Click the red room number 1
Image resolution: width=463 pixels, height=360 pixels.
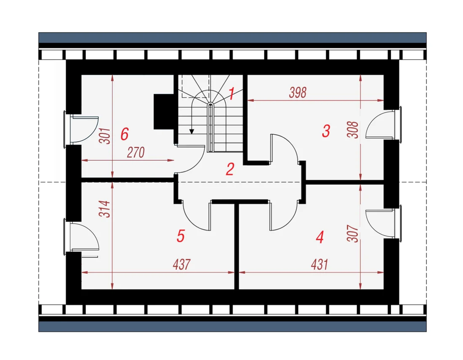point(232,93)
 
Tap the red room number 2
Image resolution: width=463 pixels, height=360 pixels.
point(230,169)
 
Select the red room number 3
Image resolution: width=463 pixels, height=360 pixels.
point(326,131)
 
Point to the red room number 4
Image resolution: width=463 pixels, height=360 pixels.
point(320,237)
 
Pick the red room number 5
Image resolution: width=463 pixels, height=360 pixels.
point(181,236)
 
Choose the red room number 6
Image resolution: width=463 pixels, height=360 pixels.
point(125,134)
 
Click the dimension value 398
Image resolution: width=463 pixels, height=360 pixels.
point(298,93)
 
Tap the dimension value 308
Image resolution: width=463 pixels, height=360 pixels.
point(353,130)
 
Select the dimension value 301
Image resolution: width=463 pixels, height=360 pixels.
point(105,136)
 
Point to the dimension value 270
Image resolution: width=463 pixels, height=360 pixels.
point(136,153)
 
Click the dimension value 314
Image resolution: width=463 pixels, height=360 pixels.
point(105,209)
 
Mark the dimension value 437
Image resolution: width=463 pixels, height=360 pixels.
point(181,265)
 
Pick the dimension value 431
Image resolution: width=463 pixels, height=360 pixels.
point(319,265)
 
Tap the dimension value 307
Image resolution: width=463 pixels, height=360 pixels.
point(353,233)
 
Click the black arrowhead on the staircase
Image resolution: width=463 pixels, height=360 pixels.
point(192,131)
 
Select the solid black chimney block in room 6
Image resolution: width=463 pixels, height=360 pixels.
point(163,111)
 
